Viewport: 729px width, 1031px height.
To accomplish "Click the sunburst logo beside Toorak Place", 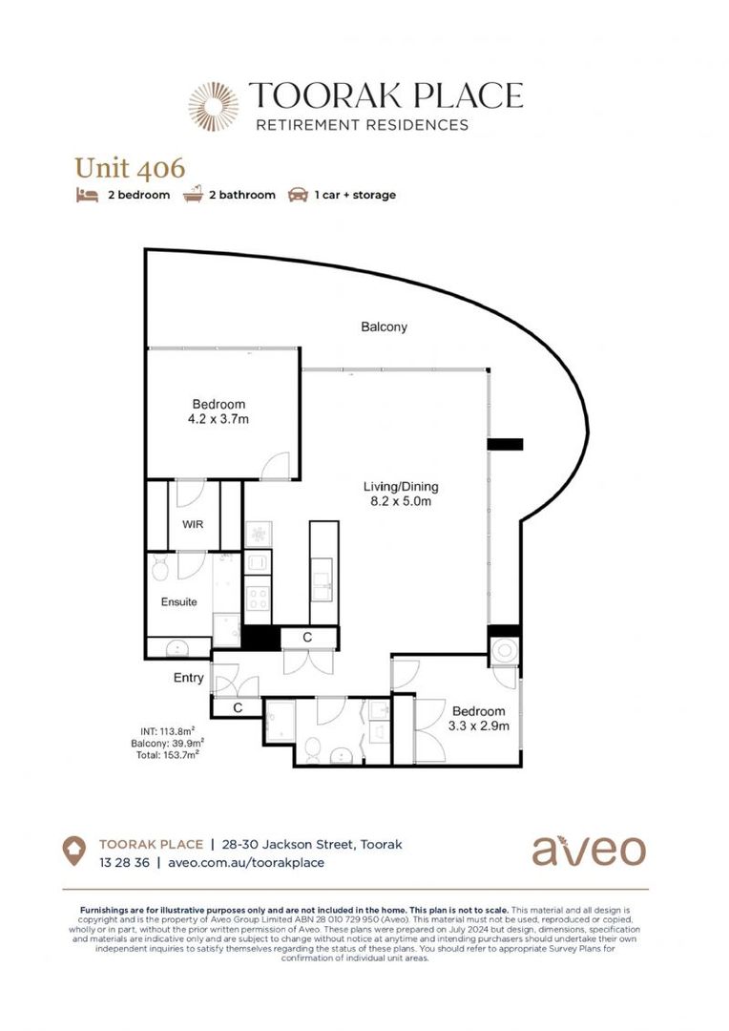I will [x=213, y=106].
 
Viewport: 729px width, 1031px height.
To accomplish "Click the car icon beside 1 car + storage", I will [x=298, y=195].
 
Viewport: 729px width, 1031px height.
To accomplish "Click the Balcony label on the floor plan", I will [x=384, y=326].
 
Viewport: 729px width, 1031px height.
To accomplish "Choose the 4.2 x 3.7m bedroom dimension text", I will [x=219, y=418].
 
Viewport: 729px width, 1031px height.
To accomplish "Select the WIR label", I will [x=193, y=524].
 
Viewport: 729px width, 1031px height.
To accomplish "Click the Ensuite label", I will [x=178, y=602].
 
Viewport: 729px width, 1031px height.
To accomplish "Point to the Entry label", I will [x=188, y=678].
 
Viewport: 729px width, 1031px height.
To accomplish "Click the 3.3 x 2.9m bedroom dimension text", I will [x=478, y=726].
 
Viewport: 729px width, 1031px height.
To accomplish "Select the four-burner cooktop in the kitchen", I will [x=258, y=599].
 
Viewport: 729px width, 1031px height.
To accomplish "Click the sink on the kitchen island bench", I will [x=323, y=579].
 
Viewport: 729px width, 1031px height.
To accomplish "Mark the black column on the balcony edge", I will [x=505, y=444].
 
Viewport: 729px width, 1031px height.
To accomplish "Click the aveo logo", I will [x=588, y=850].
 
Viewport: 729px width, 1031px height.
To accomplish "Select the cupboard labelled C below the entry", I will [x=237, y=707].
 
